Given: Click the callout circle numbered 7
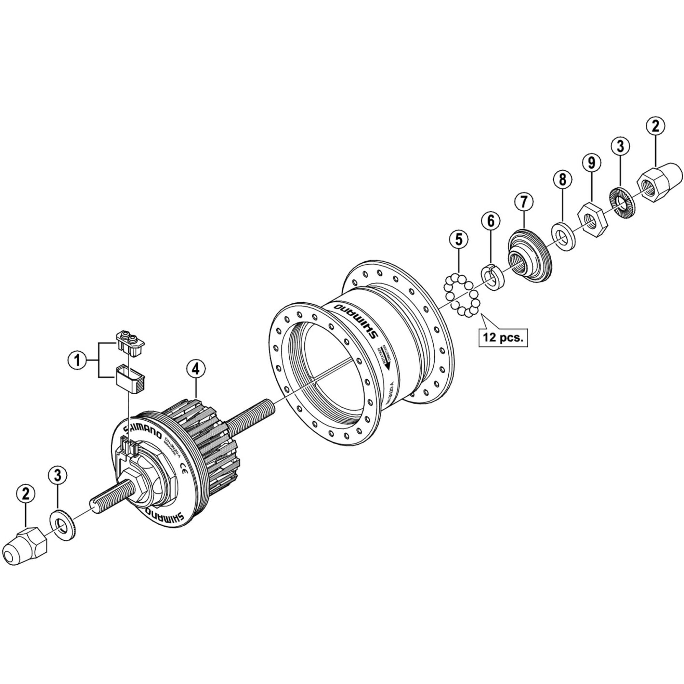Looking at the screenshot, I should [524, 202].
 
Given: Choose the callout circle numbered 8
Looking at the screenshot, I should [563, 180].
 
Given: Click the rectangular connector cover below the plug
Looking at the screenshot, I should [130, 379].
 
